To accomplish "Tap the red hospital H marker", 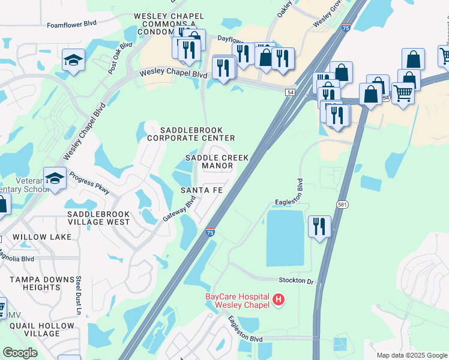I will [x=278, y=299].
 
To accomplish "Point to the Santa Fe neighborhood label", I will [x=202, y=190].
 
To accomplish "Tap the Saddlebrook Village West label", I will [x=98, y=218].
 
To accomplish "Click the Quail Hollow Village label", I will [x=41, y=329].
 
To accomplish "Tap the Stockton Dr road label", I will [x=296, y=280].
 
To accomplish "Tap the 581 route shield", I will [x=342, y=205].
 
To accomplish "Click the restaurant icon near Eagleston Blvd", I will [x=319, y=226].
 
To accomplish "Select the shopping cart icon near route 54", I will [x=403, y=92].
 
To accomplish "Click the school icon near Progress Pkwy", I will [x=55, y=179].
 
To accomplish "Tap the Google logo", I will [x=20, y=353].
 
